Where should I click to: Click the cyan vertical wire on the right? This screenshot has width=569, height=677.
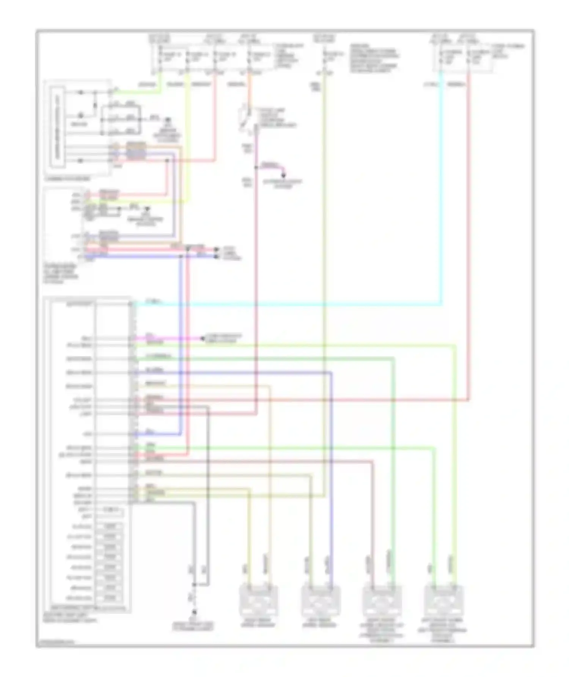click(x=441, y=189)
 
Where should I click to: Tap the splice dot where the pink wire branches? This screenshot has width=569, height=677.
click(x=256, y=167)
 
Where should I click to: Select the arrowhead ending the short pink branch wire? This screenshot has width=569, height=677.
click(x=283, y=175)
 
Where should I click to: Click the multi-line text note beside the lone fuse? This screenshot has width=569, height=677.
click(x=374, y=59)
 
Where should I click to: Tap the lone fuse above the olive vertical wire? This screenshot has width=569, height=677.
click(x=325, y=57)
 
